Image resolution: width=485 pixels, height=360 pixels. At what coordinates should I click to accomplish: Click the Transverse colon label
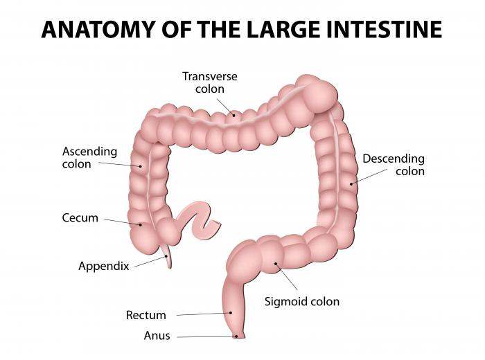(209, 82)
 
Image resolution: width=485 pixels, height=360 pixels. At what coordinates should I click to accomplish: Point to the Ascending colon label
(89, 158)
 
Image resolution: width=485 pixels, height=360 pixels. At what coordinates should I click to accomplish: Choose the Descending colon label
(394, 165)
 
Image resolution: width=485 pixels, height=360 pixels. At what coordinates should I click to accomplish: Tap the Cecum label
(80, 217)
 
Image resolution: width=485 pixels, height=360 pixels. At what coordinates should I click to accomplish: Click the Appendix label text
(104, 266)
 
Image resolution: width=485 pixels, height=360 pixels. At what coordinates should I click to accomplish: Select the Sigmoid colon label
(302, 302)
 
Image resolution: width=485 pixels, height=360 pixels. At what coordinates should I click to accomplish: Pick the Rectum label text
(145, 316)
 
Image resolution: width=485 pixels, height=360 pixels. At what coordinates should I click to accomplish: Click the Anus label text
(157, 336)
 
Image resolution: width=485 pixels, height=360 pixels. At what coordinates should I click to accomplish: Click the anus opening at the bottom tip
(239, 337)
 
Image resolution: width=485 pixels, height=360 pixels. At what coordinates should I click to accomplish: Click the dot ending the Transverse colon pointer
(234, 114)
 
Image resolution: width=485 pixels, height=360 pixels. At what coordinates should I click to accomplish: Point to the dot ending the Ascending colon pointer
(141, 166)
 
